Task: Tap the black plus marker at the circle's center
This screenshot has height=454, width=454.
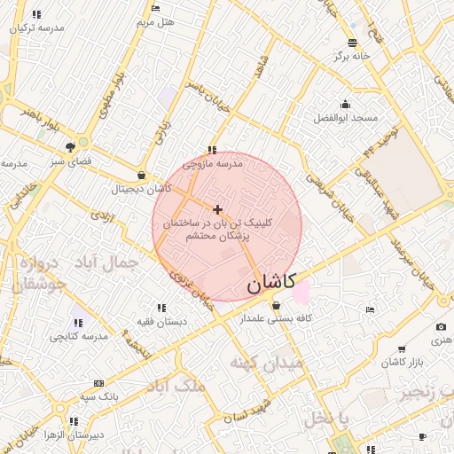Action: [218, 209]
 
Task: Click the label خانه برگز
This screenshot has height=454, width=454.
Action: [351, 55]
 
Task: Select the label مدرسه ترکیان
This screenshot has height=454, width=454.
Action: [37, 27]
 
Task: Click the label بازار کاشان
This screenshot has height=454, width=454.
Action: [403, 362]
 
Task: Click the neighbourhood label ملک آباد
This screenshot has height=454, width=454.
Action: [178, 386]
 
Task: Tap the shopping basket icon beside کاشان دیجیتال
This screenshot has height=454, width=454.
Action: [142, 176]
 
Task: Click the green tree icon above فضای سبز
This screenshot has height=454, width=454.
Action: [83, 142]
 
